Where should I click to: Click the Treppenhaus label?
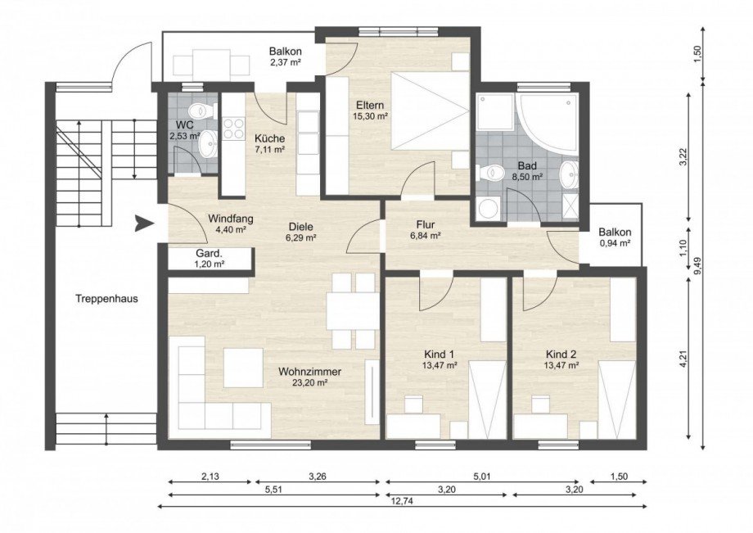106,299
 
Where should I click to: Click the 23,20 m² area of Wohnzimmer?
309,382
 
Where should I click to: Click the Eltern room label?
370,105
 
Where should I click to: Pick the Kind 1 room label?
439,355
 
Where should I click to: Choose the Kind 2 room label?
561,355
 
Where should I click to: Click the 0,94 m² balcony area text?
615,243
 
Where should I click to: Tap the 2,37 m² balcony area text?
286,61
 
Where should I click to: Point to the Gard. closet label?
209,254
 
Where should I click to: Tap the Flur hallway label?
426,224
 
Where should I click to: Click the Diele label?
301,227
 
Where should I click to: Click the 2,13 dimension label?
210,477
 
